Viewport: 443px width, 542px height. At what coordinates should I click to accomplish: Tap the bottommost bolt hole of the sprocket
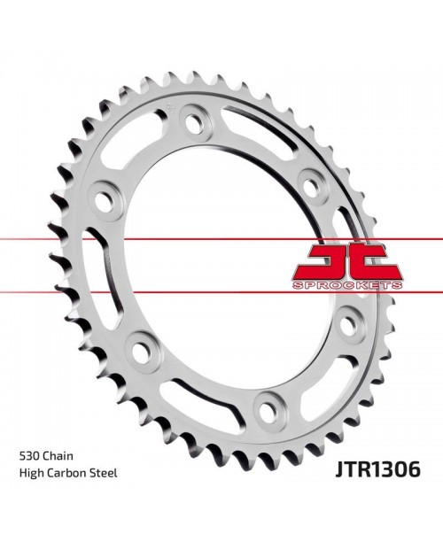click(x=265, y=407)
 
